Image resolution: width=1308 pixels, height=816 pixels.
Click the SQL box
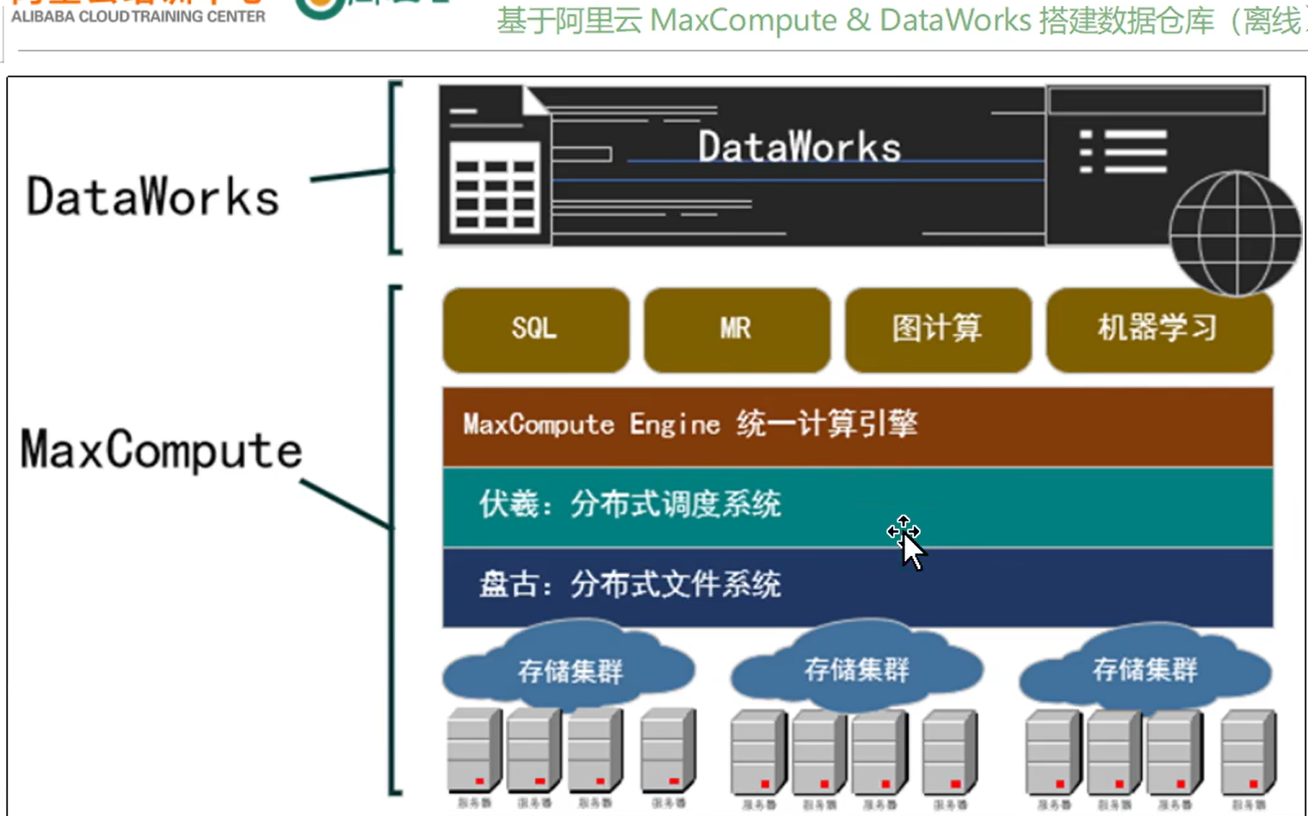(x=535, y=330)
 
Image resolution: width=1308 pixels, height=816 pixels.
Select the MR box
(x=737, y=330)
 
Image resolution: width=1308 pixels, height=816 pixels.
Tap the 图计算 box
(x=938, y=330)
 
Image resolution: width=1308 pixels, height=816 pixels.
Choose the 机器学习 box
(x=1158, y=330)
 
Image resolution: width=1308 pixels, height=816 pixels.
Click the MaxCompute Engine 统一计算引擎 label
(x=690, y=424)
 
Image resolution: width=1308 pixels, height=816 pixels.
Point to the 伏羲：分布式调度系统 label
(x=630, y=504)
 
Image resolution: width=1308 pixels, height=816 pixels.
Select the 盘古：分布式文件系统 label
(x=630, y=585)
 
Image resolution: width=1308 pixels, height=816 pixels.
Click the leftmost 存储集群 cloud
(x=570, y=671)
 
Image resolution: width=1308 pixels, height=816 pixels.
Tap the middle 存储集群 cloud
(x=857, y=669)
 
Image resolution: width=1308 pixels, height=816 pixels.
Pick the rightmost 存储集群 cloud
(x=1145, y=669)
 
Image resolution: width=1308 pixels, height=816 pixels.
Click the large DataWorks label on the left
(x=153, y=197)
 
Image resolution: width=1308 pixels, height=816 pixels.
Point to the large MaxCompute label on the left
(x=161, y=449)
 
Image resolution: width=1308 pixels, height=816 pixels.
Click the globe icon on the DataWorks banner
(x=1235, y=233)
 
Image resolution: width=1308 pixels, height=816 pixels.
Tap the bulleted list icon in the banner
(x=1124, y=151)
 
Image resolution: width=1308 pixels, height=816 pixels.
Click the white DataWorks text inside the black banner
(x=799, y=147)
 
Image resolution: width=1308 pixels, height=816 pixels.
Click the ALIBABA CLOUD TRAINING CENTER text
(x=138, y=16)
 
